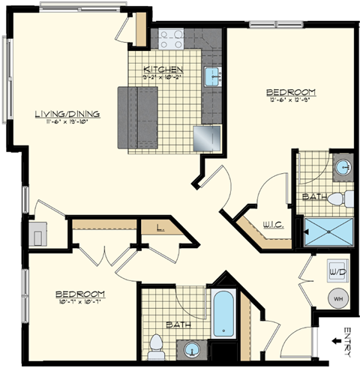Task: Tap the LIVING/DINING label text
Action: tap(67, 114)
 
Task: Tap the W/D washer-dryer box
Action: tap(336, 269)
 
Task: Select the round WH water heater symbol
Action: tap(337, 298)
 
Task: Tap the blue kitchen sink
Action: tap(211, 76)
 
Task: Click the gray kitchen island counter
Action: tap(137, 118)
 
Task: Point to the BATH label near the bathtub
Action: tap(177, 326)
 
